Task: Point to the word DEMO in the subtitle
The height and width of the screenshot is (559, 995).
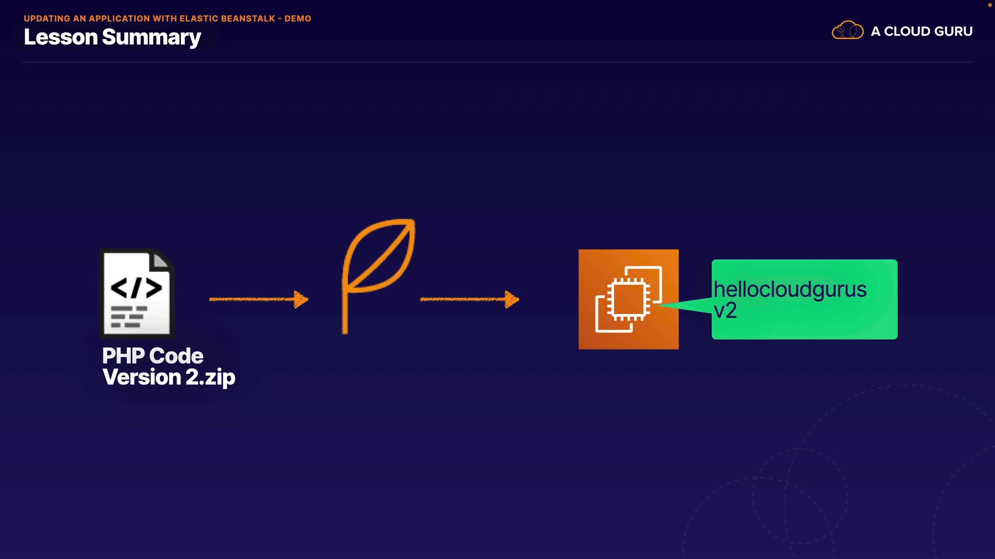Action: click(297, 19)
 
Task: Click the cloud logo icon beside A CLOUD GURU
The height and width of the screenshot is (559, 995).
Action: click(847, 31)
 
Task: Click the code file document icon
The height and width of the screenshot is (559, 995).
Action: click(137, 293)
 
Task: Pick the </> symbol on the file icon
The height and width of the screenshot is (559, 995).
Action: click(136, 288)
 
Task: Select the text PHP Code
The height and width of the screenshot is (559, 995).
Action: click(152, 356)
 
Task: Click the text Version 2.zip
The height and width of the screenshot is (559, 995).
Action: click(168, 377)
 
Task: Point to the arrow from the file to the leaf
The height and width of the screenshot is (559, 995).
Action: click(258, 299)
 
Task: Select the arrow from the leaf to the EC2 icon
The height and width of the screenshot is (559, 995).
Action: click(469, 299)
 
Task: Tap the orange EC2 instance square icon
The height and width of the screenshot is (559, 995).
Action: click(628, 299)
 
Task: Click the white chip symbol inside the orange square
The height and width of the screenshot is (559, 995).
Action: click(629, 299)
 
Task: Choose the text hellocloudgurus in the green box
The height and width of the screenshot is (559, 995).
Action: click(789, 289)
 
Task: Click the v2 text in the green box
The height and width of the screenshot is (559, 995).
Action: click(725, 311)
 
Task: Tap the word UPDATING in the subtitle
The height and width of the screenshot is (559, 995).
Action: click(47, 19)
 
